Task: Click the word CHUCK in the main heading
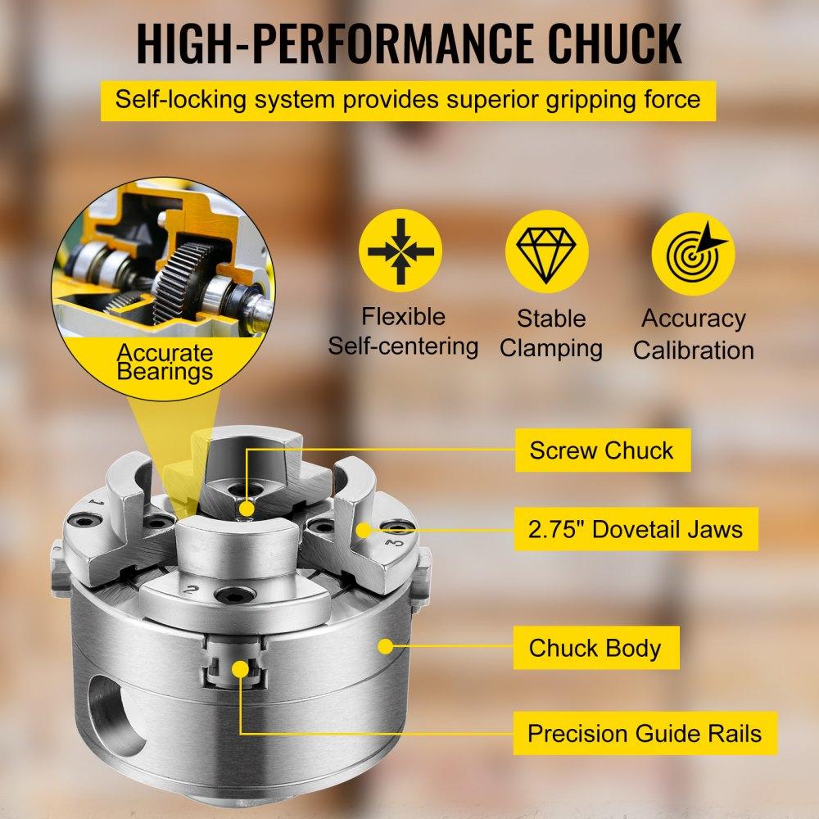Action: pos(614,44)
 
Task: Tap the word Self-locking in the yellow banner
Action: pos(180,99)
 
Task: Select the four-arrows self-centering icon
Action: pos(400,251)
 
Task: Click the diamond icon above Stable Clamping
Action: pos(546,251)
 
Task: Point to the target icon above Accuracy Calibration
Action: pos(693,253)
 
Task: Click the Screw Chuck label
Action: pos(603,450)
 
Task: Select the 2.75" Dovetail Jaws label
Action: pos(636,529)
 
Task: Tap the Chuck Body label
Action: pos(596,648)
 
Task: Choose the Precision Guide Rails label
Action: pos(645,733)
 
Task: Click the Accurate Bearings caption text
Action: pos(165,362)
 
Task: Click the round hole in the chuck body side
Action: pos(116,714)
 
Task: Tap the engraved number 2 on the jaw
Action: pos(191,590)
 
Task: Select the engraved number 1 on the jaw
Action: pos(96,503)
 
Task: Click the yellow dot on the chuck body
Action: pos(386,646)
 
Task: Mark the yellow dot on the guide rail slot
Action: pos(240,668)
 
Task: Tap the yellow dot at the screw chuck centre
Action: pos(247,509)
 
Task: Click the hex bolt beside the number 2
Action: pos(236,594)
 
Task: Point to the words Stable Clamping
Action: pos(550,333)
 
